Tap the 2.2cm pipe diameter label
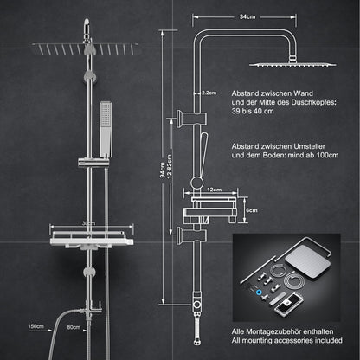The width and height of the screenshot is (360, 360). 209,91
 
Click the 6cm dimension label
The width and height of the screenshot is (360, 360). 252,209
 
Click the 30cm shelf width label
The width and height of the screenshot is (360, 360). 87,222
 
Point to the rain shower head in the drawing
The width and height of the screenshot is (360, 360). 280,62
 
